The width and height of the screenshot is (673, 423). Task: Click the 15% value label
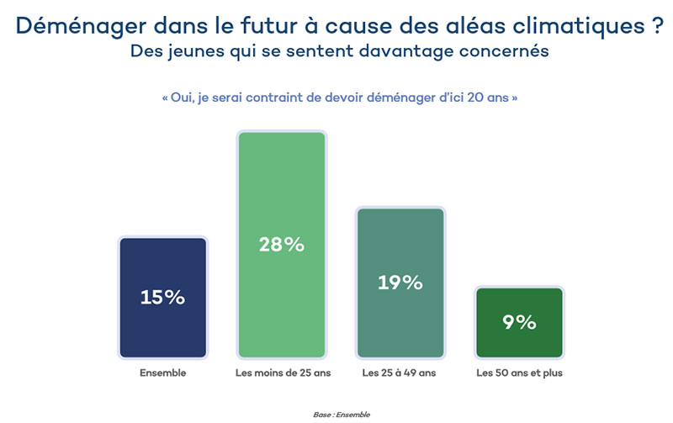click(x=163, y=298)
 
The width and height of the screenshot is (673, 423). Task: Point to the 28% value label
click(x=282, y=245)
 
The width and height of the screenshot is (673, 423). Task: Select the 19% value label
click(x=400, y=283)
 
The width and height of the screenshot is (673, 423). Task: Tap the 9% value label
click(x=519, y=322)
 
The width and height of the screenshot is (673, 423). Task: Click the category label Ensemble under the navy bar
click(x=163, y=372)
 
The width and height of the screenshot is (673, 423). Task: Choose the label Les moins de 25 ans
click(x=282, y=372)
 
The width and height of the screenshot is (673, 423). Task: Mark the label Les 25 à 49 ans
click(x=400, y=372)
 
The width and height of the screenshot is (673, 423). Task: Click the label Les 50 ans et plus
click(x=519, y=372)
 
